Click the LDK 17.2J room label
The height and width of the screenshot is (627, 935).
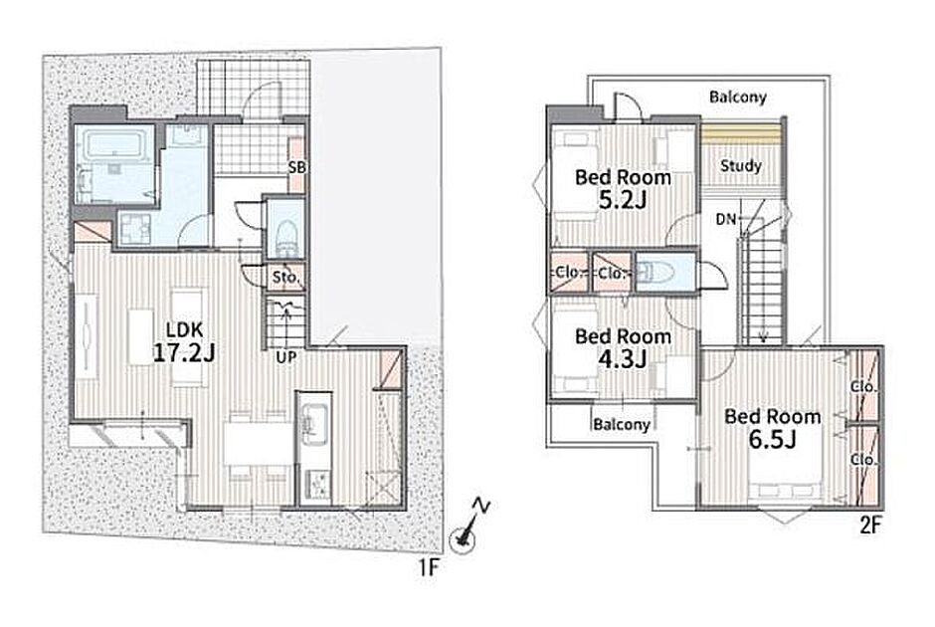(x=184, y=342)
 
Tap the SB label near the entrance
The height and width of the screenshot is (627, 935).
(x=296, y=167)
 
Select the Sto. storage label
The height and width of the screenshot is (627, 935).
(x=285, y=278)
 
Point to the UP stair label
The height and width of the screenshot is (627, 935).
(x=286, y=357)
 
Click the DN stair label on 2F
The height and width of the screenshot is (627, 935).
(x=726, y=220)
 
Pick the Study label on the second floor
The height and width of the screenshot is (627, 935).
(x=741, y=165)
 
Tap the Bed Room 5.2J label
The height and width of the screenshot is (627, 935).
(x=623, y=188)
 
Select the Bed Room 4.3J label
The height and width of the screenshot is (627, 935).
(x=623, y=347)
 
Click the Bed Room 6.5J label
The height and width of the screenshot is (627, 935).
(x=773, y=428)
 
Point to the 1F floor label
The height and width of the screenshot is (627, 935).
(x=428, y=567)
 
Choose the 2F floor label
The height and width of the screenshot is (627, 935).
(x=870, y=524)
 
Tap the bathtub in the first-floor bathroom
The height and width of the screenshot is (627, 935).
(x=114, y=144)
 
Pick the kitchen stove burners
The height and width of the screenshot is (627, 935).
(x=316, y=485)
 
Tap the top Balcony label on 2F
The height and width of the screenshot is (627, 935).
(x=738, y=97)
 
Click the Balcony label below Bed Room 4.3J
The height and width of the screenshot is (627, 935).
(x=622, y=424)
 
